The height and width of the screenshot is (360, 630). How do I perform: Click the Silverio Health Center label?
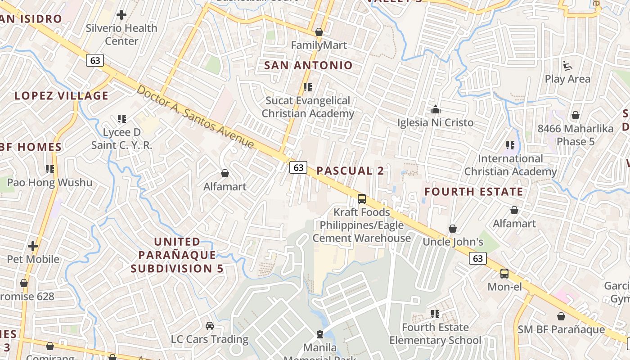click(x=121, y=35)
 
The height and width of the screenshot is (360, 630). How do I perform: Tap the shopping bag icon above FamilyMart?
click(x=319, y=32)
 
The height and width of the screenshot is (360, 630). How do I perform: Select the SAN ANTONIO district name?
click(x=308, y=65)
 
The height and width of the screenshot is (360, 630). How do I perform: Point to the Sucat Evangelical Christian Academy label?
click(x=308, y=107)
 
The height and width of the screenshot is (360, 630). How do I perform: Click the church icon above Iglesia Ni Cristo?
click(x=435, y=109)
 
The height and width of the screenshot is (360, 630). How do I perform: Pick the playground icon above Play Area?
click(x=567, y=66)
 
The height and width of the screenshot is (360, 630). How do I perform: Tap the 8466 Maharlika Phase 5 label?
click(x=576, y=135)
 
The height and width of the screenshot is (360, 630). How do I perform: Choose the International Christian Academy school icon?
click(x=510, y=145)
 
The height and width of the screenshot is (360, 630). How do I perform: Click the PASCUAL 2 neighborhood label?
click(x=351, y=171)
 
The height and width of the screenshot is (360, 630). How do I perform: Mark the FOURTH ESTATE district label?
click(x=474, y=192)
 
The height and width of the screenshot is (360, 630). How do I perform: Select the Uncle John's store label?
click(x=453, y=242)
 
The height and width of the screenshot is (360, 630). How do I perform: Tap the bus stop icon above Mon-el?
click(x=504, y=274)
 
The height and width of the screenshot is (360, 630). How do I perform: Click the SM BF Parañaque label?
click(x=561, y=329)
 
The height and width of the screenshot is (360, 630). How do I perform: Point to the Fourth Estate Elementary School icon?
click(x=435, y=314)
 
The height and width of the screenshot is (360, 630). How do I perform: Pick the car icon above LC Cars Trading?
click(x=210, y=325)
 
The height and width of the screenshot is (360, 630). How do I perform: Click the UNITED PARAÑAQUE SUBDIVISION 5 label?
click(x=177, y=255)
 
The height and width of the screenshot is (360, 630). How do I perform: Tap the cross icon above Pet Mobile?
click(x=33, y=246)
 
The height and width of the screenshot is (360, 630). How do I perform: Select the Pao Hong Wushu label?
click(x=49, y=183)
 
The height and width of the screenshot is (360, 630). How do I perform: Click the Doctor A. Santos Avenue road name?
click(x=196, y=117)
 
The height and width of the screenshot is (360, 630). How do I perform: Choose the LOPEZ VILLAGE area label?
click(x=62, y=96)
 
